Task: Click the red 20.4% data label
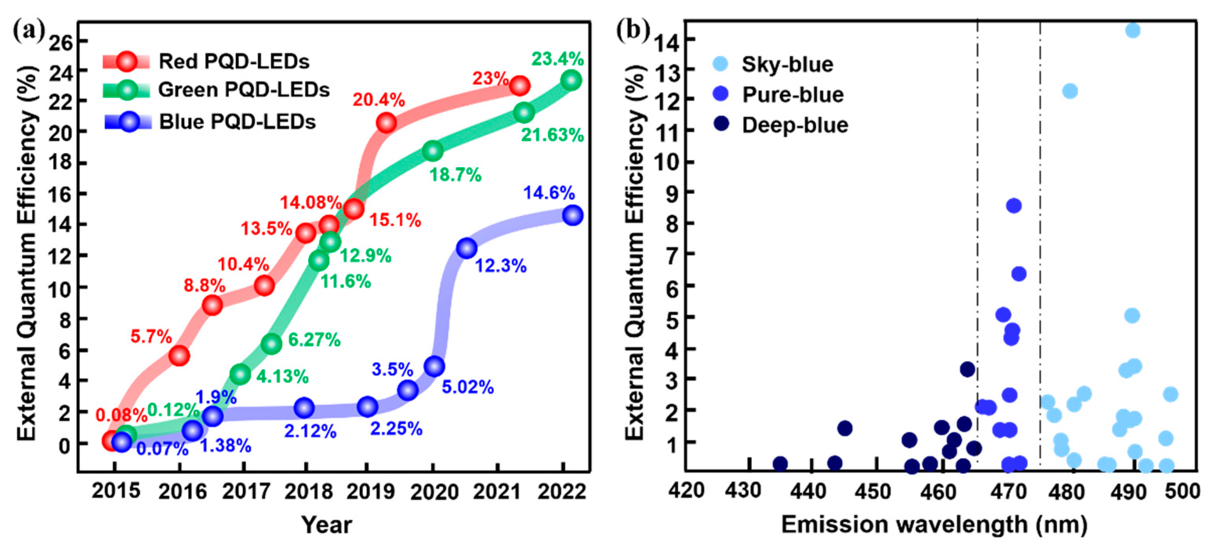point(379,100)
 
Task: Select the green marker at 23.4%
point(571,80)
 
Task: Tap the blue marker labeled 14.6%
point(573,215)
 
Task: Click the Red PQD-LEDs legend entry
point(234,62)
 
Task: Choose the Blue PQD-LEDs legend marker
point(129,122)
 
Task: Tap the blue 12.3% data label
point(500,266)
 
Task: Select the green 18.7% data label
point(455,175)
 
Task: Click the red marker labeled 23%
point(520,86)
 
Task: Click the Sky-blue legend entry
point(787,65)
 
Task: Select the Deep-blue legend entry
point(794,125)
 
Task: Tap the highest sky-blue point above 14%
point(1133,31)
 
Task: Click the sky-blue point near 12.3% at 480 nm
point(1070,91)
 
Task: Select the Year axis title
point(327,525)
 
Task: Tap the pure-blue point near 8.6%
point(1013,206)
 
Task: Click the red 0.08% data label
point(121,415)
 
